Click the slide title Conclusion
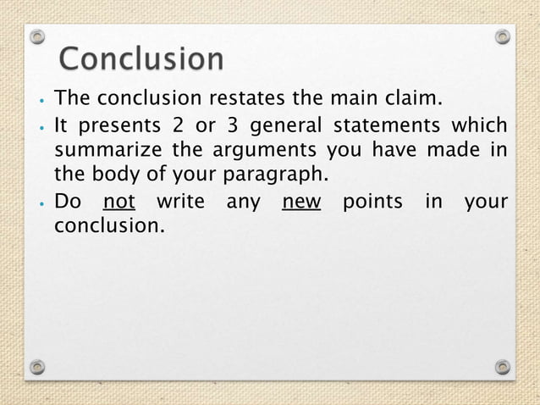tap(141, 60)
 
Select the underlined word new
tap(301, 202)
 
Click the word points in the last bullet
tap(372, 202)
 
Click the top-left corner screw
tap(36, 36)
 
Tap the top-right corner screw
tap(503, 36)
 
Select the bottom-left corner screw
tap(36, 367)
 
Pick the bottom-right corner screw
tap(503, 367)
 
